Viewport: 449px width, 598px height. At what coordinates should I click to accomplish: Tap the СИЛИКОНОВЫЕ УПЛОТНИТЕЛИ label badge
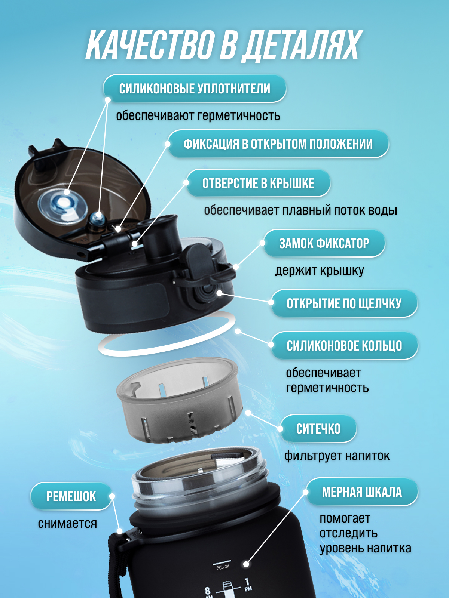[x=194, y=89]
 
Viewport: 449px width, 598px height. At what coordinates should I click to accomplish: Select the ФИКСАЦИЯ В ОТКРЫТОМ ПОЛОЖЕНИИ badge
[x=278, y=144]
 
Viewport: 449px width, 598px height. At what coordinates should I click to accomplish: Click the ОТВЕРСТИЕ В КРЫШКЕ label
[x=258, y=183]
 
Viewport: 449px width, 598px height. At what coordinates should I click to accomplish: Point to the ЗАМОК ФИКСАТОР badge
[x=324, y=243]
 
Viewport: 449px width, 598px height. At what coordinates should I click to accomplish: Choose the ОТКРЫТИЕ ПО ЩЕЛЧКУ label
[x=344, y=303]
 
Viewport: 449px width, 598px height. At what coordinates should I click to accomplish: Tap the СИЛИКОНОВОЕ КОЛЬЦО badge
[x=344, y=345]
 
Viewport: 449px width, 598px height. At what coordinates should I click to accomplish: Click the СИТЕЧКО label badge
[x=318, y=429]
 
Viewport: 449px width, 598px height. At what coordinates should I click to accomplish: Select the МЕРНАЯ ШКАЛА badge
[x=362, y=492]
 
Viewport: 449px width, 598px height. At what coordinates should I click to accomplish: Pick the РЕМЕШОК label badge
[x=71, y=496]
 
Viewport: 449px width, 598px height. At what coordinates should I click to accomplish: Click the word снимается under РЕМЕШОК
[x=67, y=523]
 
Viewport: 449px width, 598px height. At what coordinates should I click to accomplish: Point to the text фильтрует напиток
[x=337, y=456]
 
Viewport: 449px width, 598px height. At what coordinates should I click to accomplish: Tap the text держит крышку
[x=320, y=271]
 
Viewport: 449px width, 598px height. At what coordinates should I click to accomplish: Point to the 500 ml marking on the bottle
[x=223, y=567]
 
